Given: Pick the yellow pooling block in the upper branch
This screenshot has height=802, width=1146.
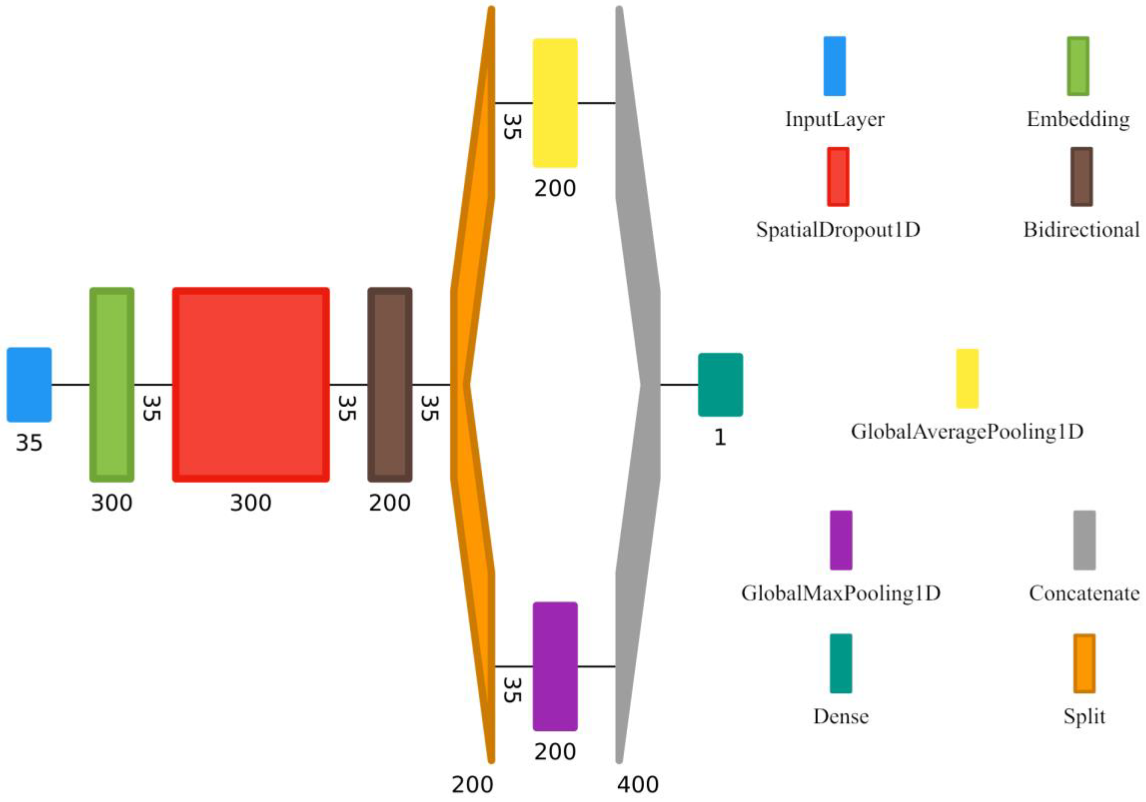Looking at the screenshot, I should tap(555, 103).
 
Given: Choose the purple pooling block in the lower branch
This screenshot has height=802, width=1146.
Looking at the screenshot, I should tap(555, 666).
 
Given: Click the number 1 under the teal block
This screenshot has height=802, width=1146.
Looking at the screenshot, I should tap(720, 438).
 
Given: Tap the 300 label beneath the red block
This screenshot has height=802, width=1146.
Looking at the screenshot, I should tap(251, 503).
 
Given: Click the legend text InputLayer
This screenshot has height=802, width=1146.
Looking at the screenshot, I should tap(835, 120).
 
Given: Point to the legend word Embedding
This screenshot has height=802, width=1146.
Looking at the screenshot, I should tap(1078, 120).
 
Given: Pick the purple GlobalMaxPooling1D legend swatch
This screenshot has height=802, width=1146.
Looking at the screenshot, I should tap(841, 540).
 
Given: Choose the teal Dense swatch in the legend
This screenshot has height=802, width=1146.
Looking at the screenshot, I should tap(841, 663).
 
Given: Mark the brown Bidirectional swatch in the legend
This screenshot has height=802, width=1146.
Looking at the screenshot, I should tap(1081, 177).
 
